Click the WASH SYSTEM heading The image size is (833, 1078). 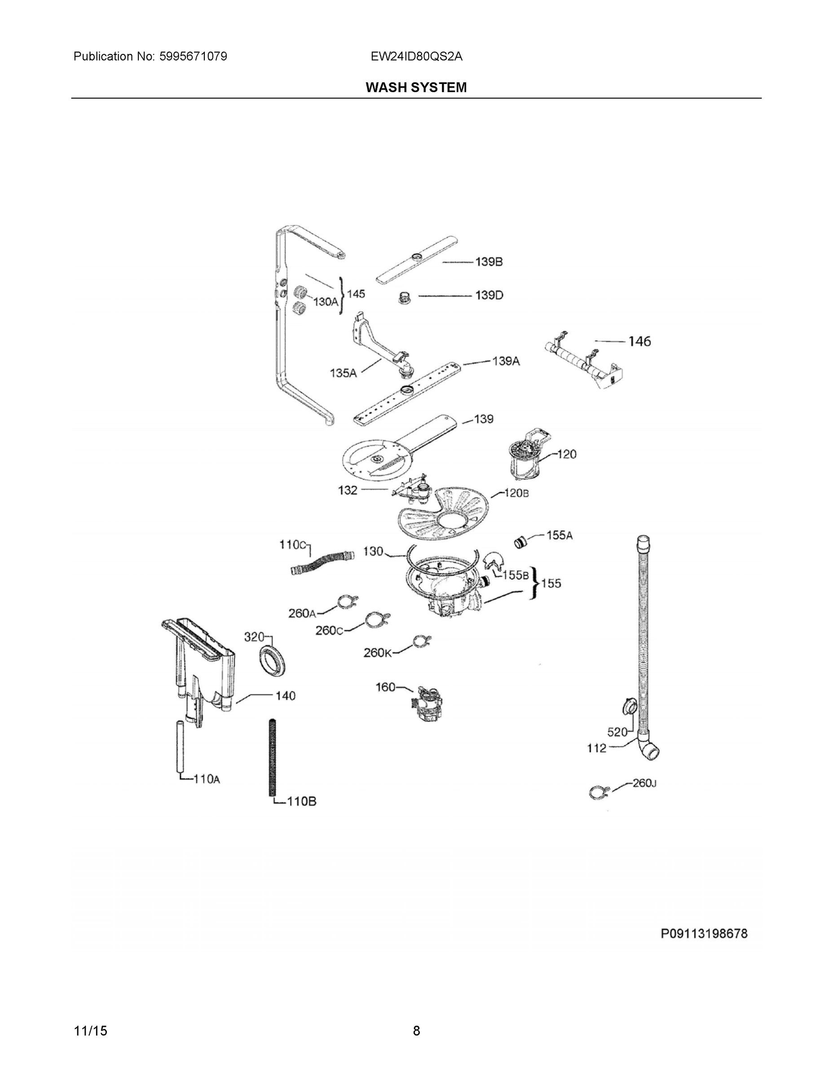416,88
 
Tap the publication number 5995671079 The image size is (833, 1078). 193,56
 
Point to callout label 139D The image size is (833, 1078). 489,295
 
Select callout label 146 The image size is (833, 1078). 639,341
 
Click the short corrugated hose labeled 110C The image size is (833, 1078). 322,563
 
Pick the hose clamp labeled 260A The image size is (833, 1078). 348,602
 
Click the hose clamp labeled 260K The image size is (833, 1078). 421,641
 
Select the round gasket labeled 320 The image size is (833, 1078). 272,660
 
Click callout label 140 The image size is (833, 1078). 285,696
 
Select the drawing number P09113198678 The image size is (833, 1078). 704,933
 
